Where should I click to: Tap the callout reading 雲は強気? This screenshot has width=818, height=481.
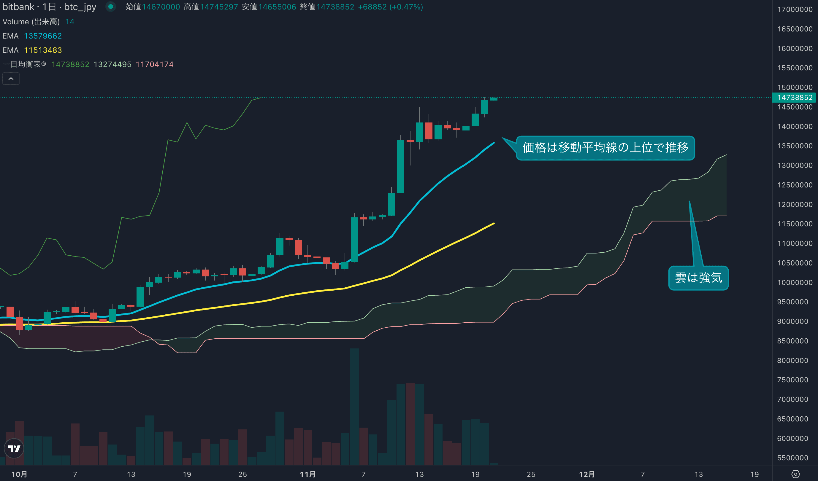698,278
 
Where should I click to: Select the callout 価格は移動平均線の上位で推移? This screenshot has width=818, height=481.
605,148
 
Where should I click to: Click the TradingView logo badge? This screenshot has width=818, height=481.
14,448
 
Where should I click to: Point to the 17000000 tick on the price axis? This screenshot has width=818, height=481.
794,9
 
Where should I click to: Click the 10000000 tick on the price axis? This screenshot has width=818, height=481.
794,283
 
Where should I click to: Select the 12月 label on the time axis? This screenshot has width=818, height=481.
587,474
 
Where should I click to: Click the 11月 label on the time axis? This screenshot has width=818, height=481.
307,474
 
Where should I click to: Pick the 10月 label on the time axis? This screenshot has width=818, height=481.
20,474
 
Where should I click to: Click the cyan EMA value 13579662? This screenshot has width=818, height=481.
43,36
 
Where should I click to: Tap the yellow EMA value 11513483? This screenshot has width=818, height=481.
43,50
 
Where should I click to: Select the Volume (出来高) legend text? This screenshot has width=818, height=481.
31,22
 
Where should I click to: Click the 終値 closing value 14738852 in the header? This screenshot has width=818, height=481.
335,7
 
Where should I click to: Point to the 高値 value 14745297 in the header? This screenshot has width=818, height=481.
219,7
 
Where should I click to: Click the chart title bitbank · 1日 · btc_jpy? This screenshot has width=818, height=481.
49,7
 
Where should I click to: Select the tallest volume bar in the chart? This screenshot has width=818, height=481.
354,407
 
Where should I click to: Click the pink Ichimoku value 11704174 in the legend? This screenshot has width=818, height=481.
155,64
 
